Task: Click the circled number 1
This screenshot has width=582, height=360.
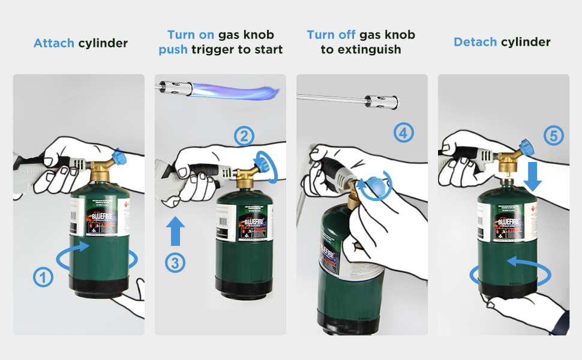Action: [43, 277]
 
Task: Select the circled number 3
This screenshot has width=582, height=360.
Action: [175, 262]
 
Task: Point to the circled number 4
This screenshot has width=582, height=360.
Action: [403, 132]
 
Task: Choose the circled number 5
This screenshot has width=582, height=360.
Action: [553, 136]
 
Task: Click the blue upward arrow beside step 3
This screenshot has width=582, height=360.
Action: [175, 231]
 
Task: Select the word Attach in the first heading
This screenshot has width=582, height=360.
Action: [54, 43]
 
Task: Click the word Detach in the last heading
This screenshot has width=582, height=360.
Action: [475, 42]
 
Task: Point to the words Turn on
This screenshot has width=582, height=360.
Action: [189, 35]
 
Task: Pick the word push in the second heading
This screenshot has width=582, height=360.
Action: [173, 50]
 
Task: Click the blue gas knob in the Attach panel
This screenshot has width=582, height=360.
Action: [119, 157]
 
